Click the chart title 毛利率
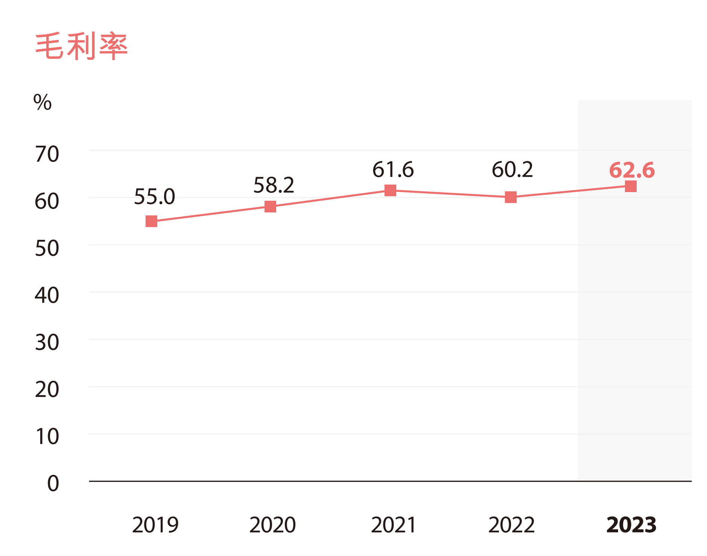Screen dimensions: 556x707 pyautogui.click(x=81, y=47)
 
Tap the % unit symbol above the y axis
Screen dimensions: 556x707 pyautogui.click(x=42, y=102)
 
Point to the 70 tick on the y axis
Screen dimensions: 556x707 pyautogui.click(x=47, y=154)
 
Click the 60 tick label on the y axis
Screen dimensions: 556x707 pyautogui.click(x=47, y=201)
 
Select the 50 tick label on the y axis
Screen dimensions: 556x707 pyautogui.click(x=47, y=248)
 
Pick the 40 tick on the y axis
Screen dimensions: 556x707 pyautogui.click(x=47, y=295)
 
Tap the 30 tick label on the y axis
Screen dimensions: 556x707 pyautogui.click(x=47, y=343)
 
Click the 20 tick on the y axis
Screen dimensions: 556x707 pyautogui.click(x=47, y=390)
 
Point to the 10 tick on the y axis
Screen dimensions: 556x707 pyautogui.click(x=47, y=437)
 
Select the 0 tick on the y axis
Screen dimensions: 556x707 pyautogui.click(x=53, y=484)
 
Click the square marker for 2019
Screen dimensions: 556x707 pyautogui.click(x=151, y=221)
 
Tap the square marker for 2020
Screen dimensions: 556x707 pyautogui.click(x=270, y=206)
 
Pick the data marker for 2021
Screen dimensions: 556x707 pyautogui.click(x=390, y=191)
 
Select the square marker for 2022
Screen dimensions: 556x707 pyautogui.click(x=511, y=197)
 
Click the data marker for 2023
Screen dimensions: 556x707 pyautogui.click(x=631, y=186)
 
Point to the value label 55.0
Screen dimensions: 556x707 pyautogui.click(x=155, y=197)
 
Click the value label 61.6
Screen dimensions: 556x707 pyautogui.click(x=393, y=170)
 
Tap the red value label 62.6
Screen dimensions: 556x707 pyautogui.click(x=632, y=170)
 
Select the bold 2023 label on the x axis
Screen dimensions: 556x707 pyautogui.click(x=631, y=525)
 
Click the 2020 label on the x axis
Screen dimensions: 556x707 pyautogui.click(x=272, y=525)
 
